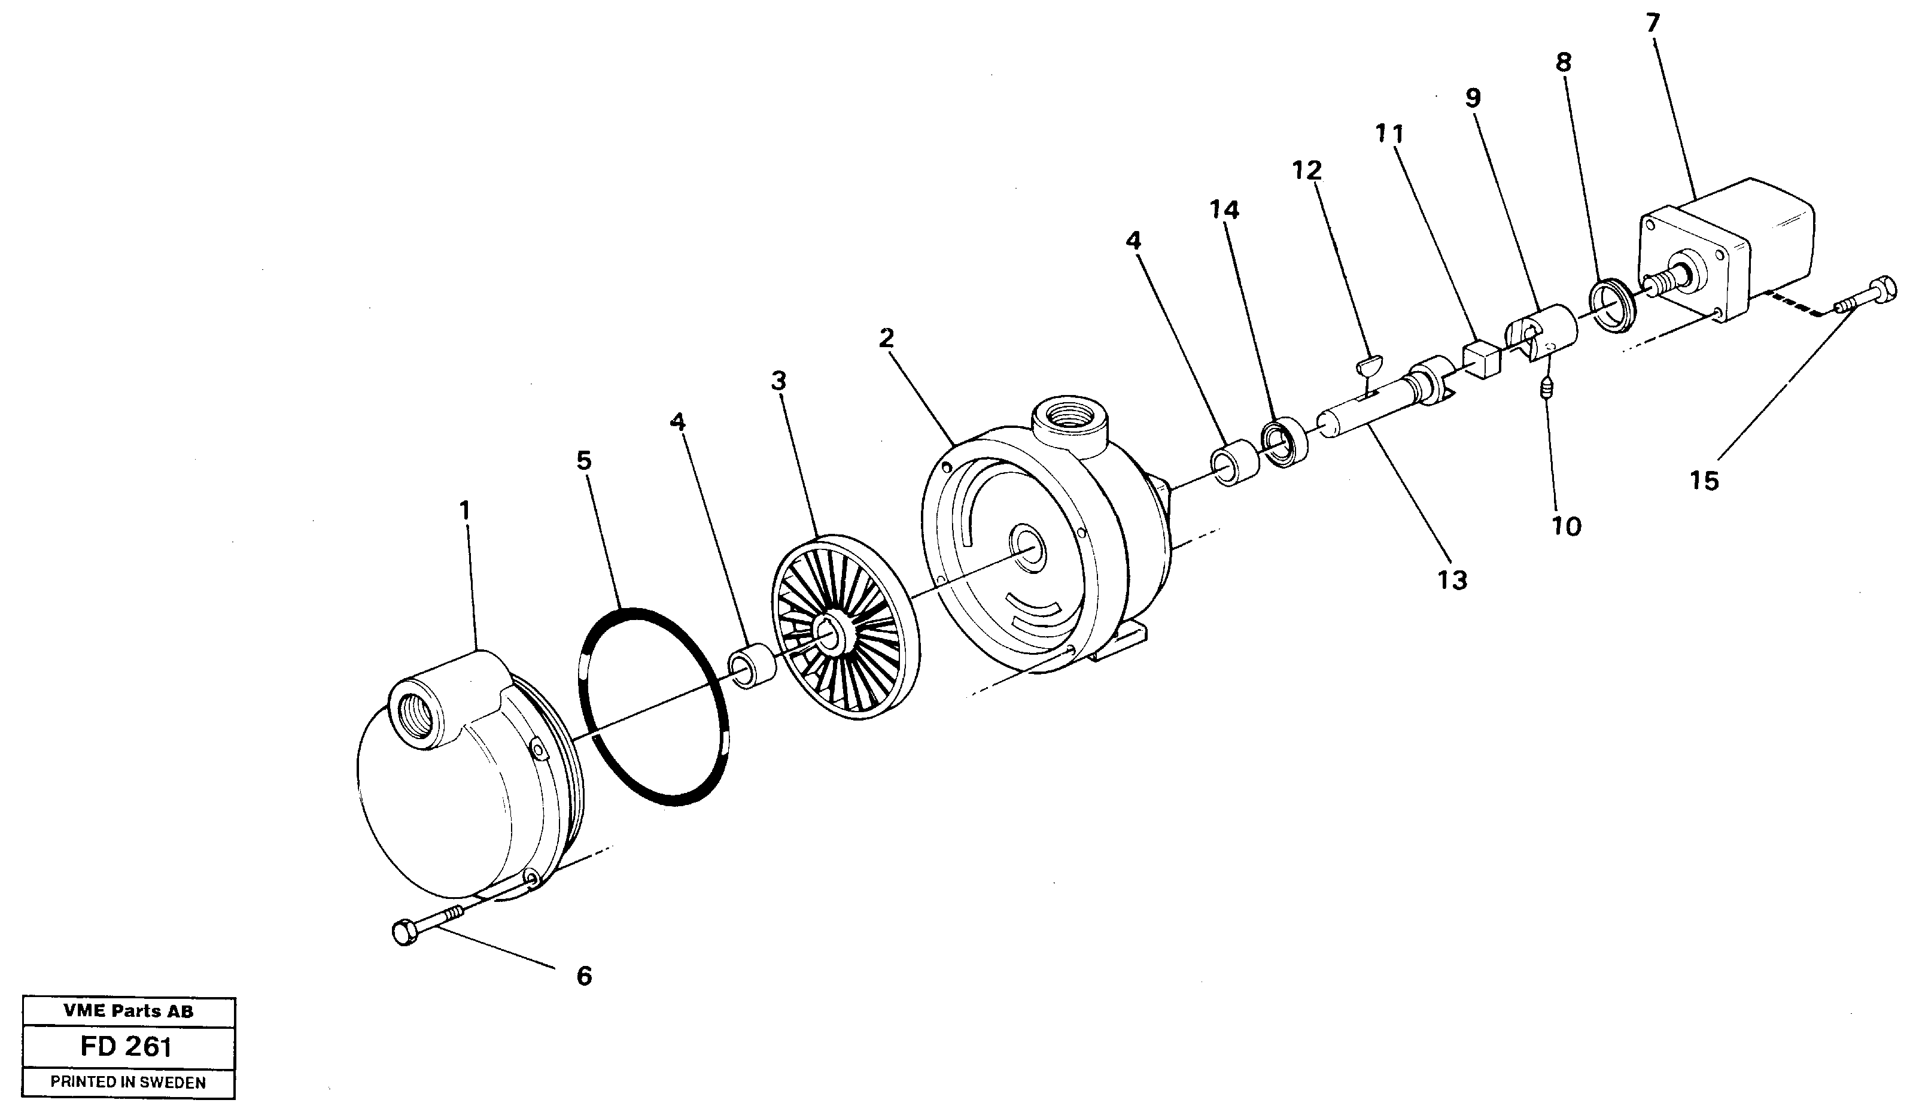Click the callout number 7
point(1653,23)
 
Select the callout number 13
point(1452,580)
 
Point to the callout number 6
point(584,976)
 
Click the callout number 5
point(584,461)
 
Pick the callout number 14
point(1224,210)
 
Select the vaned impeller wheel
point(845,627)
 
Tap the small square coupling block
point(1481,359)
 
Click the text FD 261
point(126,1047)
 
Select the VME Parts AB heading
point(127,1011)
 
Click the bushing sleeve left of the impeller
point(752,666)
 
